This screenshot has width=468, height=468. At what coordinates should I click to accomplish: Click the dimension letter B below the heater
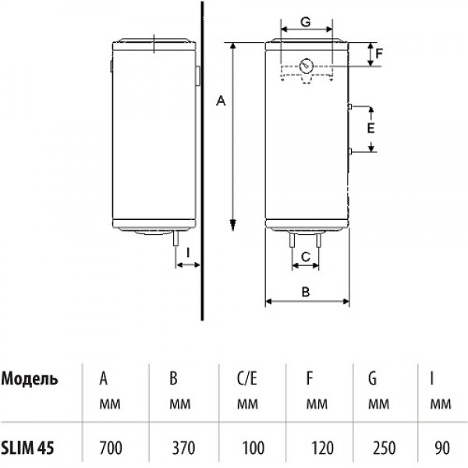(307, 292)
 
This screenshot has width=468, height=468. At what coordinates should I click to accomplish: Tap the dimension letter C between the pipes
(307, 256)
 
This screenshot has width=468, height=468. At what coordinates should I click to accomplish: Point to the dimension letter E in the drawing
(371, 127)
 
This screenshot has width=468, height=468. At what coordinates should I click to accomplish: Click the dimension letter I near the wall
(187, 253)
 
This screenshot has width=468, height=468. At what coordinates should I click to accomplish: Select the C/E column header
(246, 380)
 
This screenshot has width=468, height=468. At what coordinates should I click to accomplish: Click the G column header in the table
(373, 380)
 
